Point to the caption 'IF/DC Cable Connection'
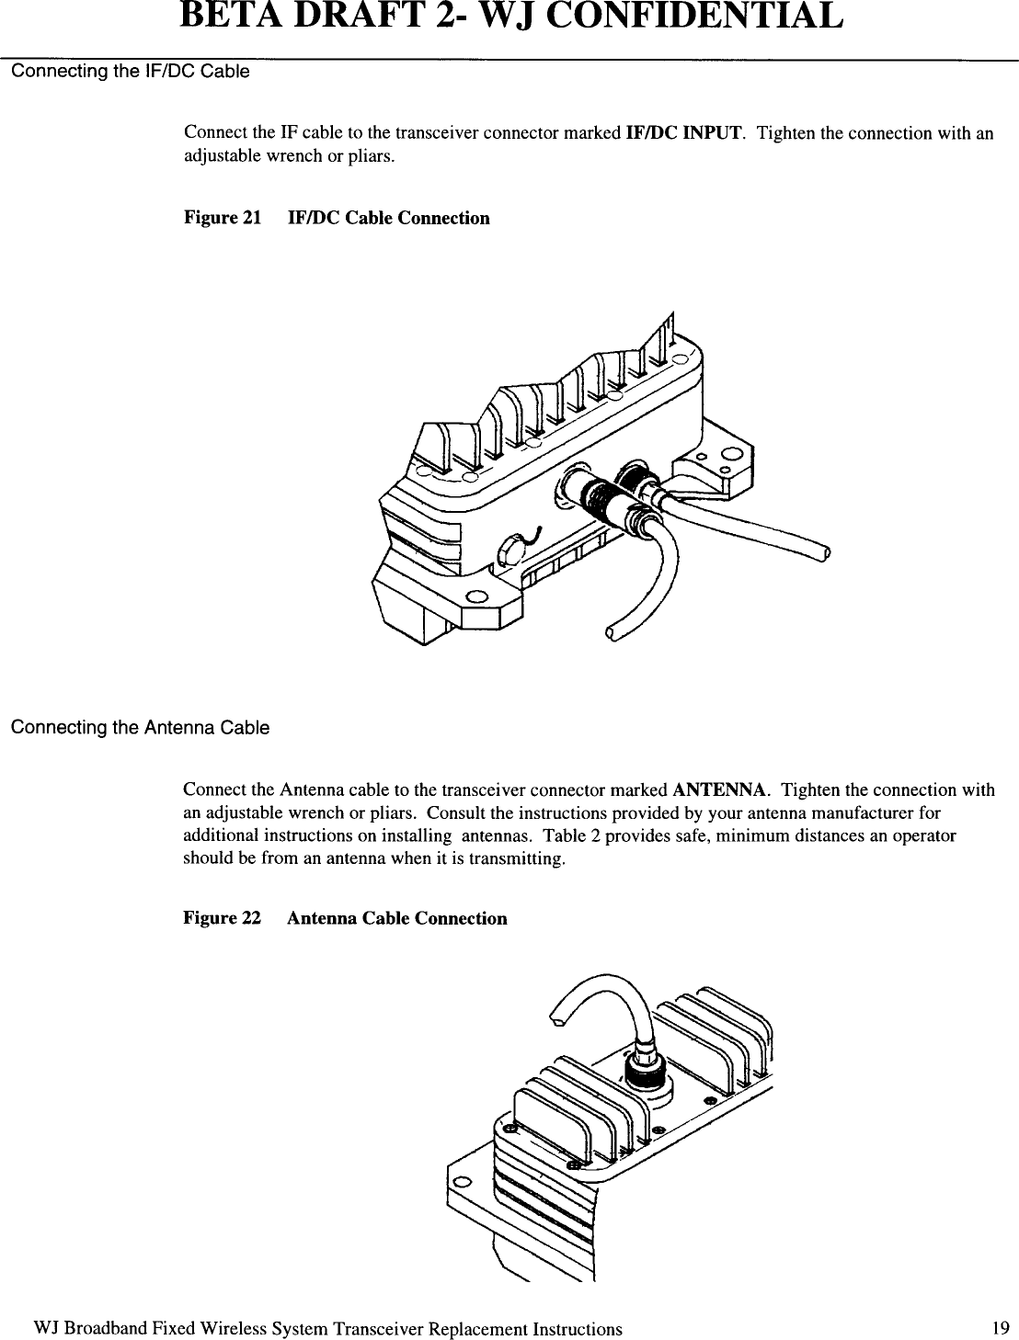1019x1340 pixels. (x=389, y=218)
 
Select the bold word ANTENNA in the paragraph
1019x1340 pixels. (x=721, y=789)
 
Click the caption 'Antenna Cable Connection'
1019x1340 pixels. (x=396, y=918)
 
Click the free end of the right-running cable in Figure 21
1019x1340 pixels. (x=825, y=552)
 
